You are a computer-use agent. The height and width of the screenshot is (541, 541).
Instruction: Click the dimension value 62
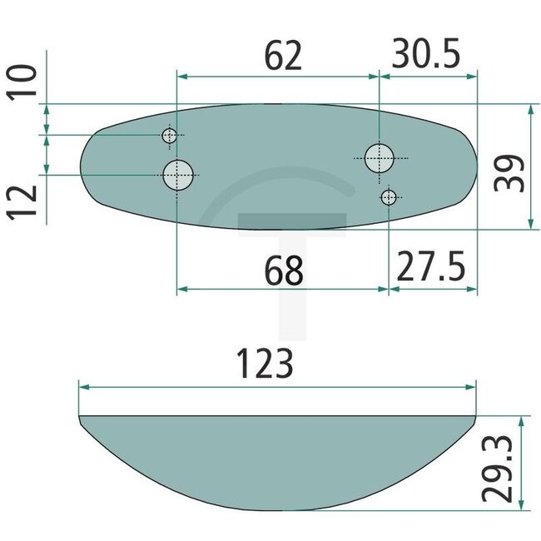(282, 56)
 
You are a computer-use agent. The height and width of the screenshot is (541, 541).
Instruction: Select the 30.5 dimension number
(426, 56)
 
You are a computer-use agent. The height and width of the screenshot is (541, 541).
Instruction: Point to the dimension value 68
(282, 270)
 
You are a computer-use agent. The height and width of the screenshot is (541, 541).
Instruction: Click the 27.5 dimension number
(433, 270)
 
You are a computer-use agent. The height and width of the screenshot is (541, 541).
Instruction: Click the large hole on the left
(178, 175)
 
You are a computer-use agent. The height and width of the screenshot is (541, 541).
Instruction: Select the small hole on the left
(170, 136)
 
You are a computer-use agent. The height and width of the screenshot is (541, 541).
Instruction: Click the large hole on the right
(380, 156)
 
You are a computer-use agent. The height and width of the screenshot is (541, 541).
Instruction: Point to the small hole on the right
(388, 197)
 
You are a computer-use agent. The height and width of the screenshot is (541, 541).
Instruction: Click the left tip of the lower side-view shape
(80, 417)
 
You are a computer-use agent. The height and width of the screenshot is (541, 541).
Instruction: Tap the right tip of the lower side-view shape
(474, 417)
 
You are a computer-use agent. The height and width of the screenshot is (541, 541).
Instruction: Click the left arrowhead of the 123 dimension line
(82, 387)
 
